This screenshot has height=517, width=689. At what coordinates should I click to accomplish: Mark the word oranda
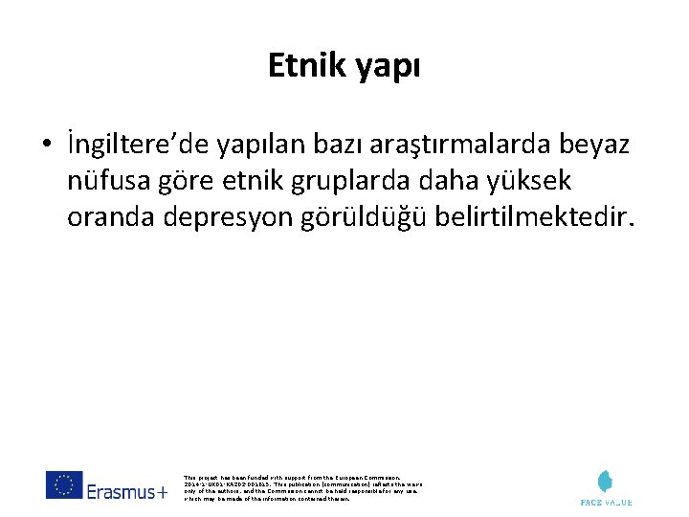(x=109, y=218)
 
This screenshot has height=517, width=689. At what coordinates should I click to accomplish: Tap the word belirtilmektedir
(x=532, y=217)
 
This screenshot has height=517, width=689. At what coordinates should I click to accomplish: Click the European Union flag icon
(x=64, y=484)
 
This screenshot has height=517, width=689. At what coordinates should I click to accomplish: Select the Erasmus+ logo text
(x=127, y=492)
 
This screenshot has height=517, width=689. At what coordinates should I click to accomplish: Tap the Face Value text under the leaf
(x=606, y=501)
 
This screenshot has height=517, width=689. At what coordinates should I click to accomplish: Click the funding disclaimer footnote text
(x=301, y=487)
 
